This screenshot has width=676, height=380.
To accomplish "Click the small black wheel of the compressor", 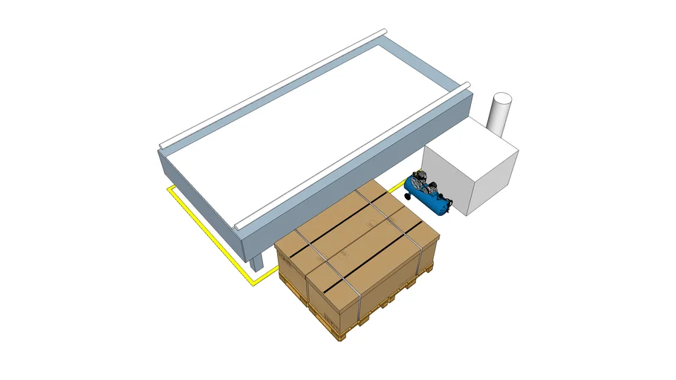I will pyautogui.click(x=409, y=196).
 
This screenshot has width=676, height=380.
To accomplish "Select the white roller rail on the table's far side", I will pyautogui.click(x=275, y=86).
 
